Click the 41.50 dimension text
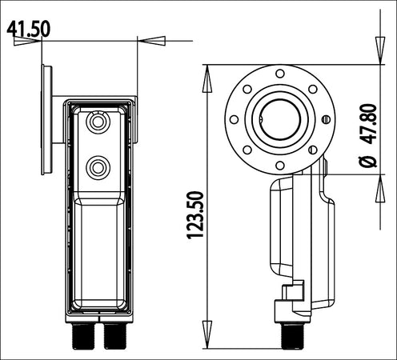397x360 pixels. coord(28,29)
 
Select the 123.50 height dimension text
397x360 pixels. coord(195,214)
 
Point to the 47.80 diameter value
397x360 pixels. coord(368,124)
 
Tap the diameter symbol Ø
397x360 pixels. coord(368,161)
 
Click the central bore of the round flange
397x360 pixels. coord(280,119)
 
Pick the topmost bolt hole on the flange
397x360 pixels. coord(280,74)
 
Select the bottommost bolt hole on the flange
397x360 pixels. coord(280,166)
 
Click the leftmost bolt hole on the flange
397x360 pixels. coord(234,119)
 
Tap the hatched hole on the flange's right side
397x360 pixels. coord(326,119)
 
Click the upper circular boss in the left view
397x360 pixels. coord(98,122)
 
